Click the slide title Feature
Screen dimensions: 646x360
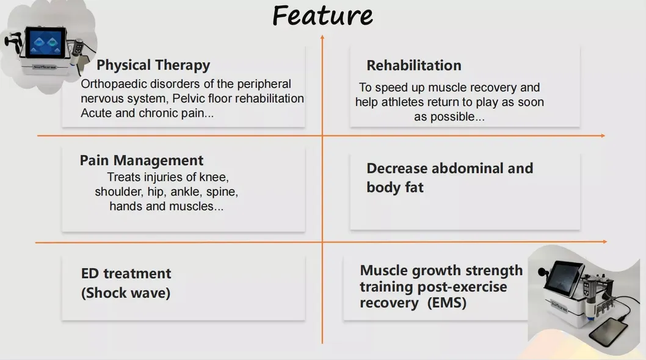tap(322, 16)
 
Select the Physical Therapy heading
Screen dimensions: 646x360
tap(153, 65)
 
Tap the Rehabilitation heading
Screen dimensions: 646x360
tap(414, 65)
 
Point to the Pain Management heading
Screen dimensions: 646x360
tap(141, 160)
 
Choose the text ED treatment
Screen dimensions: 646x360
tap(126, 273)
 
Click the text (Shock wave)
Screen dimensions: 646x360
tap(126, 293)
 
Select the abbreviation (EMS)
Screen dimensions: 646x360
tap(446, 303)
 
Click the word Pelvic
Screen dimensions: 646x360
tap(188, 98)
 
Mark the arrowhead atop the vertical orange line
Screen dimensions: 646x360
tap(322, 37)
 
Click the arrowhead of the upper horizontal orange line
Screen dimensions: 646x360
tap(603, 135)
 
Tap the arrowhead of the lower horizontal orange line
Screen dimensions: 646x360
tap(605, 242)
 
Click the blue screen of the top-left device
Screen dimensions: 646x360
tap(45, 43)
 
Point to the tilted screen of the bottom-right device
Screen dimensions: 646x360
tap(563, 277)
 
